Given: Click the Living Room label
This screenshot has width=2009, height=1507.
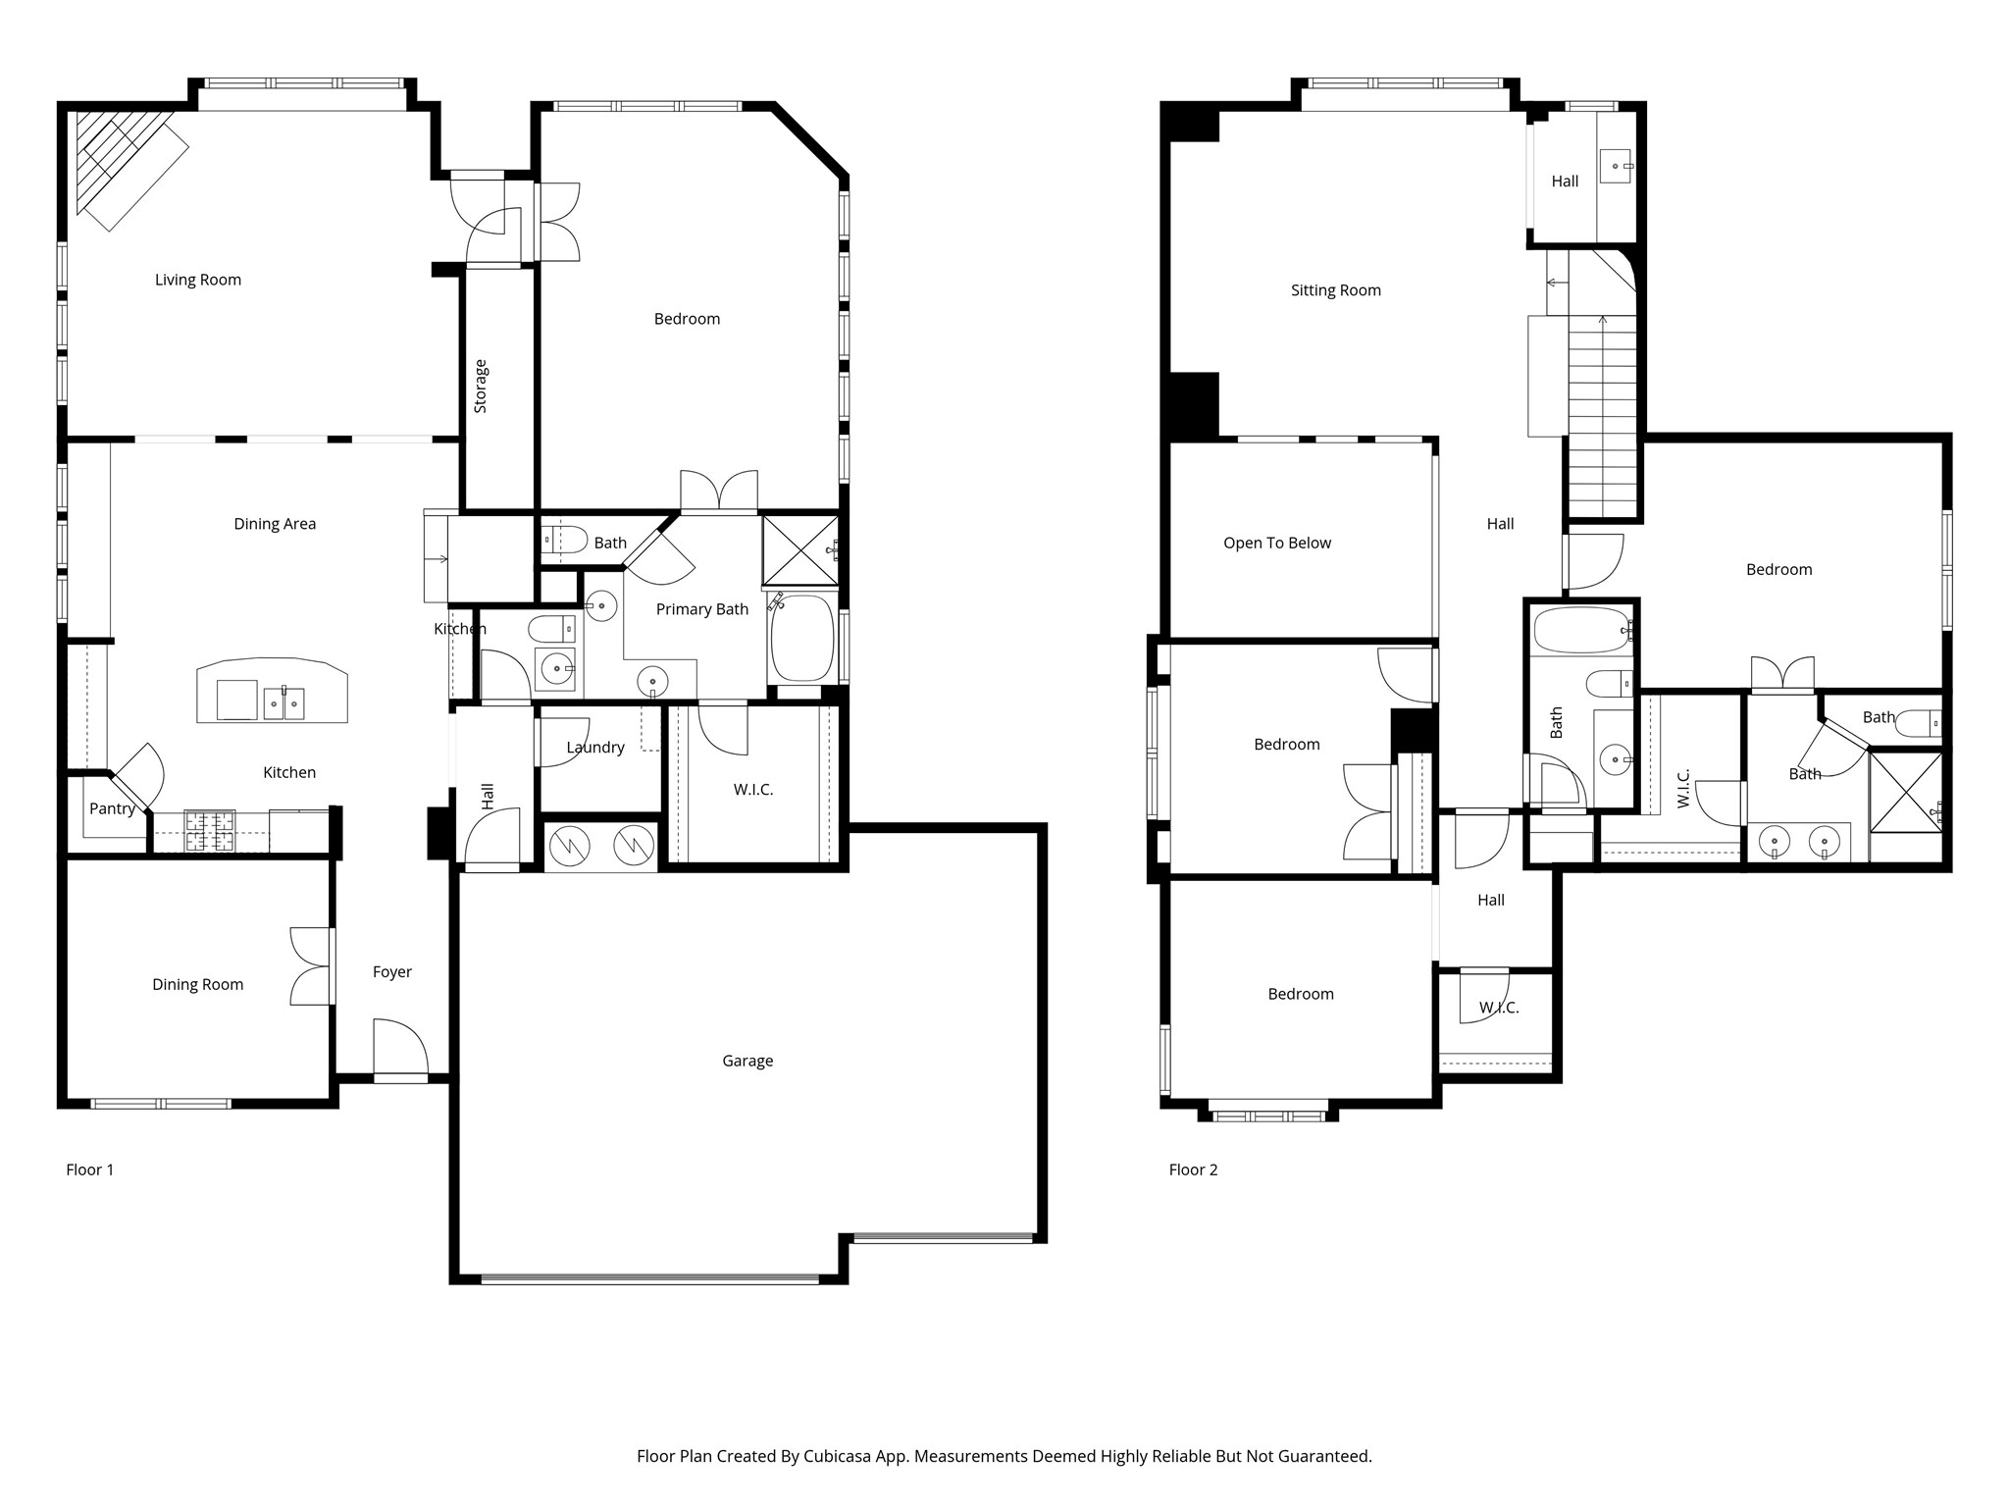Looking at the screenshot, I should point(197,280).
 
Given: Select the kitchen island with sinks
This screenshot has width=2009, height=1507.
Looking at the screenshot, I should point(272,692).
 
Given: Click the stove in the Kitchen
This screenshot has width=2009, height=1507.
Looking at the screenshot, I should point(210,831).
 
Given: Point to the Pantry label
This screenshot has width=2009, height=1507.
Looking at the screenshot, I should point(112,808).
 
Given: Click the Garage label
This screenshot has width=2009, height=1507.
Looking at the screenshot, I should point(747,1061).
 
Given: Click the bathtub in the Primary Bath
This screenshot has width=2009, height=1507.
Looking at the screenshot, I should point(801,639).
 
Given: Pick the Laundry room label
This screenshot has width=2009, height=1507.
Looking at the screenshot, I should point(594,748).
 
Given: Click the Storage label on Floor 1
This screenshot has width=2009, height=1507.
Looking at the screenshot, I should point(481,386).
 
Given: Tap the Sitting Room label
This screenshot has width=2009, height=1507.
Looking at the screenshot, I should point(1335,290).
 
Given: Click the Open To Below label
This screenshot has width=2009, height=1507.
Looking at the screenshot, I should point(1276,543).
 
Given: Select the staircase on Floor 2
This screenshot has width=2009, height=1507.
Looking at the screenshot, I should point(1603,412).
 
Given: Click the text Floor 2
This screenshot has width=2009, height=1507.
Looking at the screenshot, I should point(1193,1169).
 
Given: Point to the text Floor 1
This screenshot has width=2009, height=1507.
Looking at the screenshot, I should point(90,1169).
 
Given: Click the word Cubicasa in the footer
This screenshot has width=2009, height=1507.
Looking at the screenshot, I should point(837,1456).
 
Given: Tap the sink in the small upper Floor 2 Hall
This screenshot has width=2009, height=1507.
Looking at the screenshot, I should point(1615,166).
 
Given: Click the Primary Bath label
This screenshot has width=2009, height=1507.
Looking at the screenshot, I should point(701,609).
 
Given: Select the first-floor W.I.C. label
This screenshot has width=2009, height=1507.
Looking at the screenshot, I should point(753,790).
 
